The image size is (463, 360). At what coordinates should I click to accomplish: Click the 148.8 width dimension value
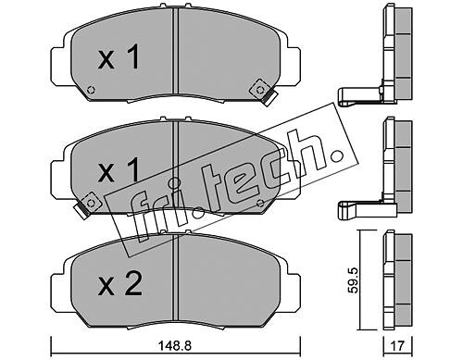point(175,345)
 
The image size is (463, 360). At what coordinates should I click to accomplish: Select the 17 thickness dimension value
point(397,345)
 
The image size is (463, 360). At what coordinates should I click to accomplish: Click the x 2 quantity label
point(119,284)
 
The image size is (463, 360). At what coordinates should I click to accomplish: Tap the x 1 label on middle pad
point(119,170)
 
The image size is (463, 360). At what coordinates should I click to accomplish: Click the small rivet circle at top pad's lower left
point(91,90)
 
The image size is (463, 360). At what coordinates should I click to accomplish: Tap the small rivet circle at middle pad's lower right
point(260,203)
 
